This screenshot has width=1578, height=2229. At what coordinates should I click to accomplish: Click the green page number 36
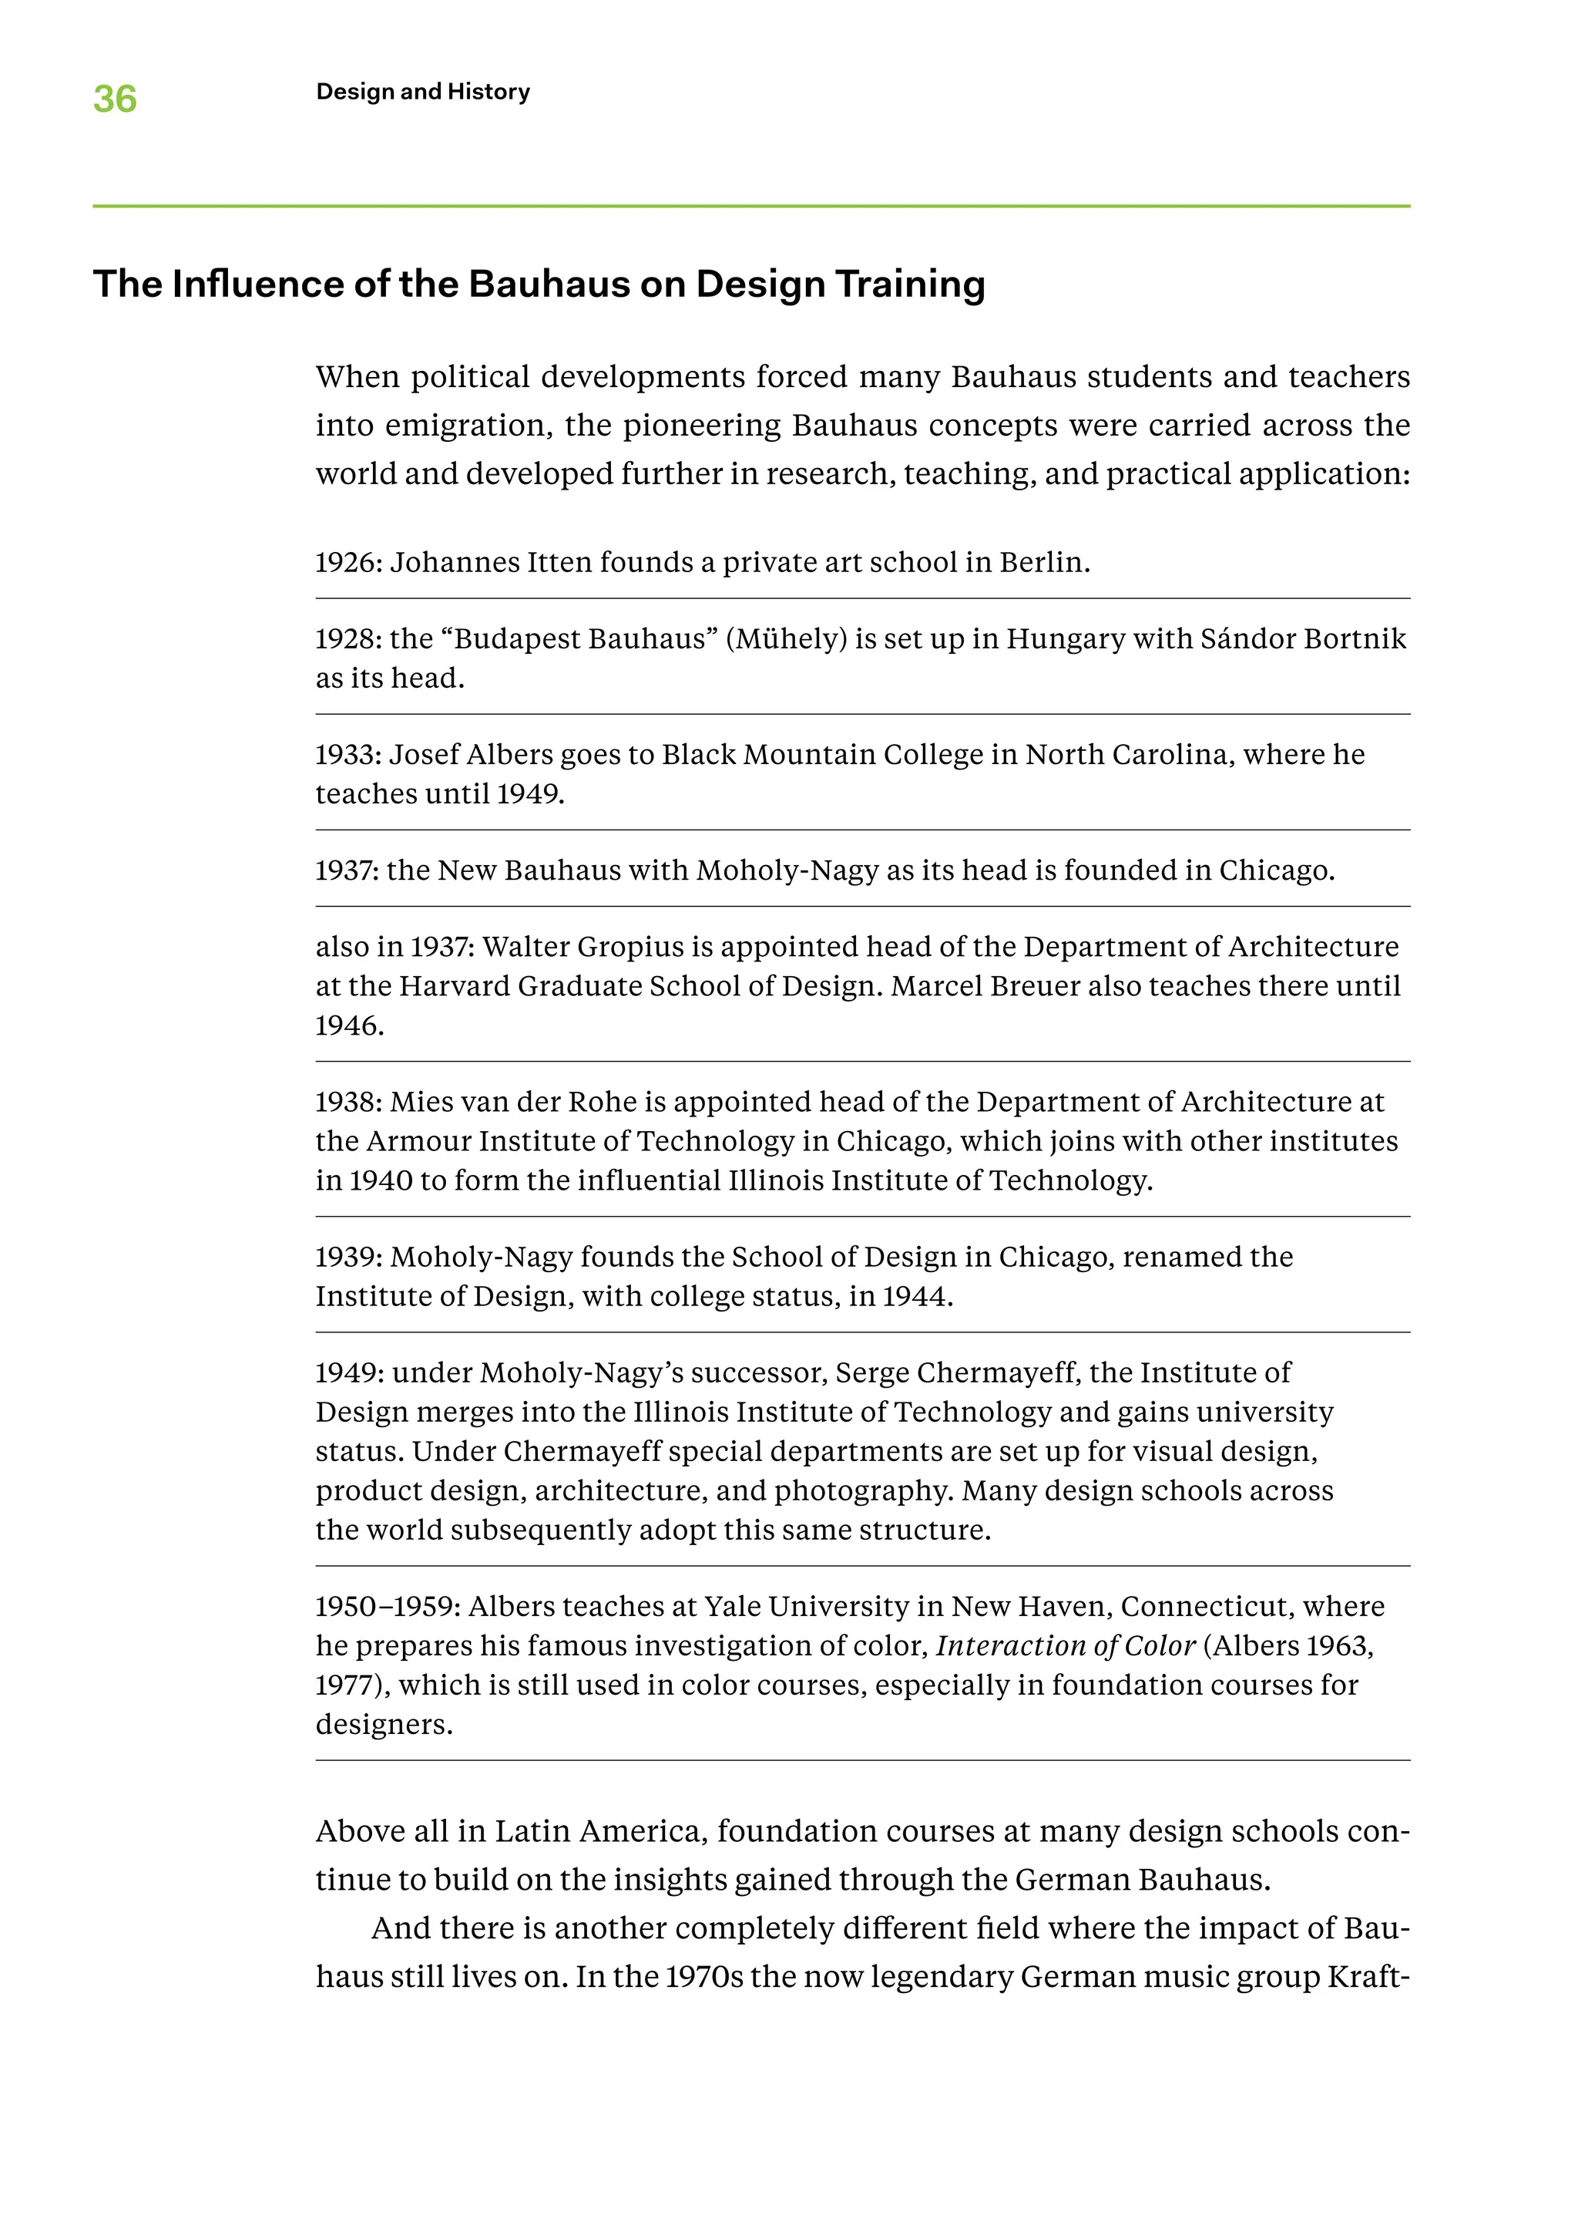pyautogui.click(x=115, y=99)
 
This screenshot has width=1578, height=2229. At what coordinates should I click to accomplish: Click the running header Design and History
pyautogui.click(x=423, y=92)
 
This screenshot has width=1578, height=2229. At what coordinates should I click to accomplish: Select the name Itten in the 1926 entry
pyautogui.click(x=559, y=563)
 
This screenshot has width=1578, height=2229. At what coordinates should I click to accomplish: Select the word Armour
pyautogui.click(x=418, y=1141)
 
